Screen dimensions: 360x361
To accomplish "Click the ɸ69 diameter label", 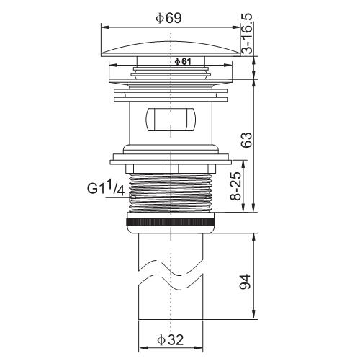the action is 168,18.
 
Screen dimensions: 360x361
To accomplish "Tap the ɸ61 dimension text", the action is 183,62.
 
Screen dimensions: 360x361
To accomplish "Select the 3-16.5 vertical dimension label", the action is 247,33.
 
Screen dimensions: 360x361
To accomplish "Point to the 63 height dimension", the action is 247,140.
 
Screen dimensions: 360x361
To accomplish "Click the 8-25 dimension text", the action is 235,186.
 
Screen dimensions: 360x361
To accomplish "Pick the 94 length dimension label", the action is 245,282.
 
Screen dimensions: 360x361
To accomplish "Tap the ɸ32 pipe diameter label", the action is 171,340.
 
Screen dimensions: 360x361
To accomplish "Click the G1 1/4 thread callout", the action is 106,188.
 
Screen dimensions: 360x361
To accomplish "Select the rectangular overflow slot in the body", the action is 171,120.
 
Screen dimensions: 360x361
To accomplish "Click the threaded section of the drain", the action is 171,192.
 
